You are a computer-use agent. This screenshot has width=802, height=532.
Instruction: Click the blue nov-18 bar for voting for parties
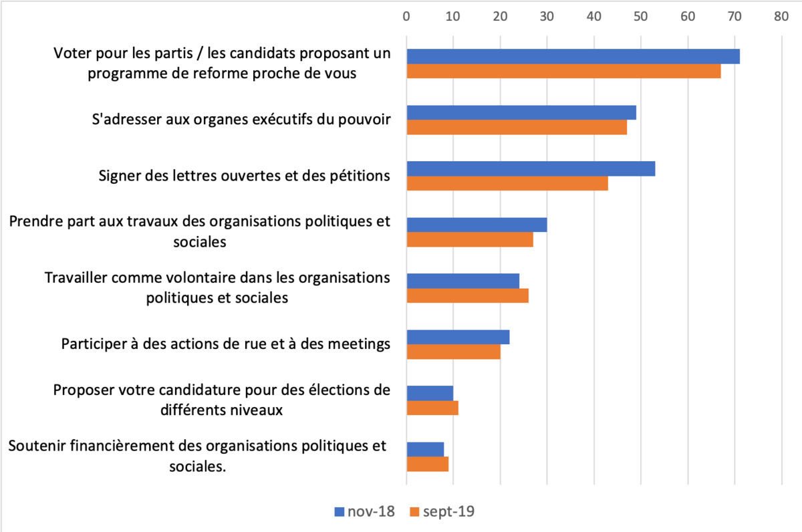point(573,57)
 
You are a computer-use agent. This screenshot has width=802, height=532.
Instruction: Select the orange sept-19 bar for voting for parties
point(563,72)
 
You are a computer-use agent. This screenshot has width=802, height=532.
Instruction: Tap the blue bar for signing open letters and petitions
point(531,169)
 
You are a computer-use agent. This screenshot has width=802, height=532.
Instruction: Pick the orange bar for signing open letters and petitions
point(507,184)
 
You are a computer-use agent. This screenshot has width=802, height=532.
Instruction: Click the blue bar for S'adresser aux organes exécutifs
point(521,113)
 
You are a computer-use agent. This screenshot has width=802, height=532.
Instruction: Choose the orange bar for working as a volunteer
point(467,296)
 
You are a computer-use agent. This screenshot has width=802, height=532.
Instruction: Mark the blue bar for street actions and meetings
point(458,338)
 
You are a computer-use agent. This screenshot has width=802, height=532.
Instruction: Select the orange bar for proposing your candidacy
point(432,408)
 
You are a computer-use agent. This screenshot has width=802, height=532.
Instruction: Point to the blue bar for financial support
point(425,449)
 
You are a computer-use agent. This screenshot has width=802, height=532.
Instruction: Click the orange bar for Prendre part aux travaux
point(470,240)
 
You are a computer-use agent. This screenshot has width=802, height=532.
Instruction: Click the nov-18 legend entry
point(364,512)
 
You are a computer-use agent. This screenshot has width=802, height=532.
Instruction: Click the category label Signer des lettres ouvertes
point(244,176)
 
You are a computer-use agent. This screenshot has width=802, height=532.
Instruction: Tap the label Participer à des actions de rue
point(226,344)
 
